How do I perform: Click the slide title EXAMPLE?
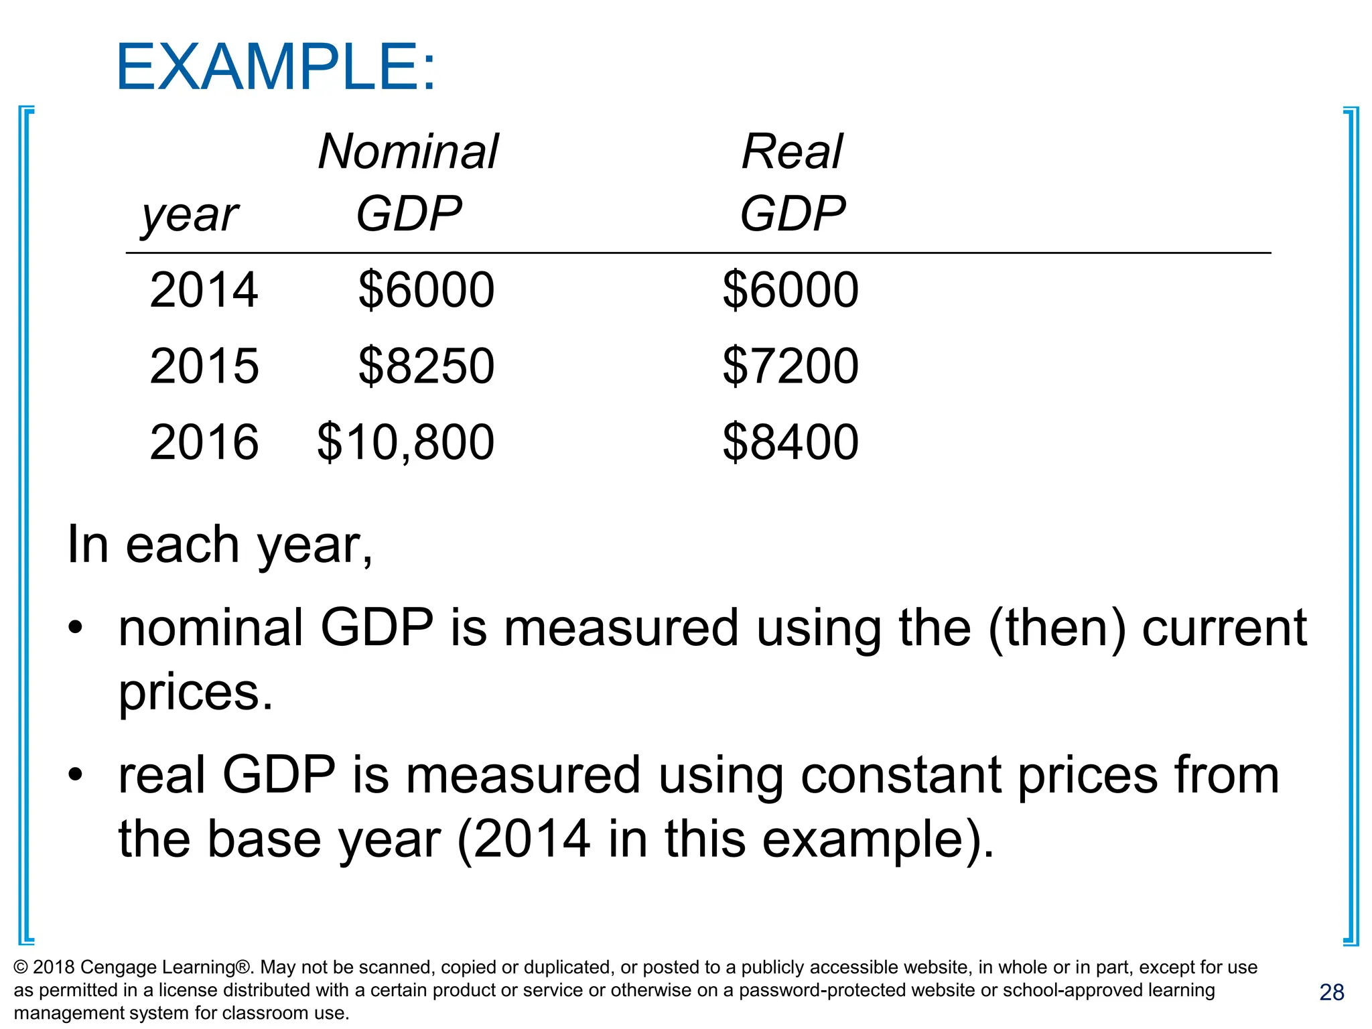point(275,67)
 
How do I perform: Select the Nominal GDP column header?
point(408,182)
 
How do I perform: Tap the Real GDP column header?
point(793,182)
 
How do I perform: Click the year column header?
point(190,215)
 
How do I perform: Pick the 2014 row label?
point(204,290)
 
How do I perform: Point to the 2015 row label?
point(204,366)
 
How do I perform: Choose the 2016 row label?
point(204,442)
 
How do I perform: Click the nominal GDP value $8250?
point(426,366)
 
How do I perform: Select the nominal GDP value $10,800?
point(405,442)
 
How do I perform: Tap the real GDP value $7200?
point(791,366)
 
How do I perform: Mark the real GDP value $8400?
point(791,442)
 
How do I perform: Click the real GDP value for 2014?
point(791,290)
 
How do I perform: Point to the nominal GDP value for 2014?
point(426,290)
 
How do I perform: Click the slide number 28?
point(1331,992)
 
